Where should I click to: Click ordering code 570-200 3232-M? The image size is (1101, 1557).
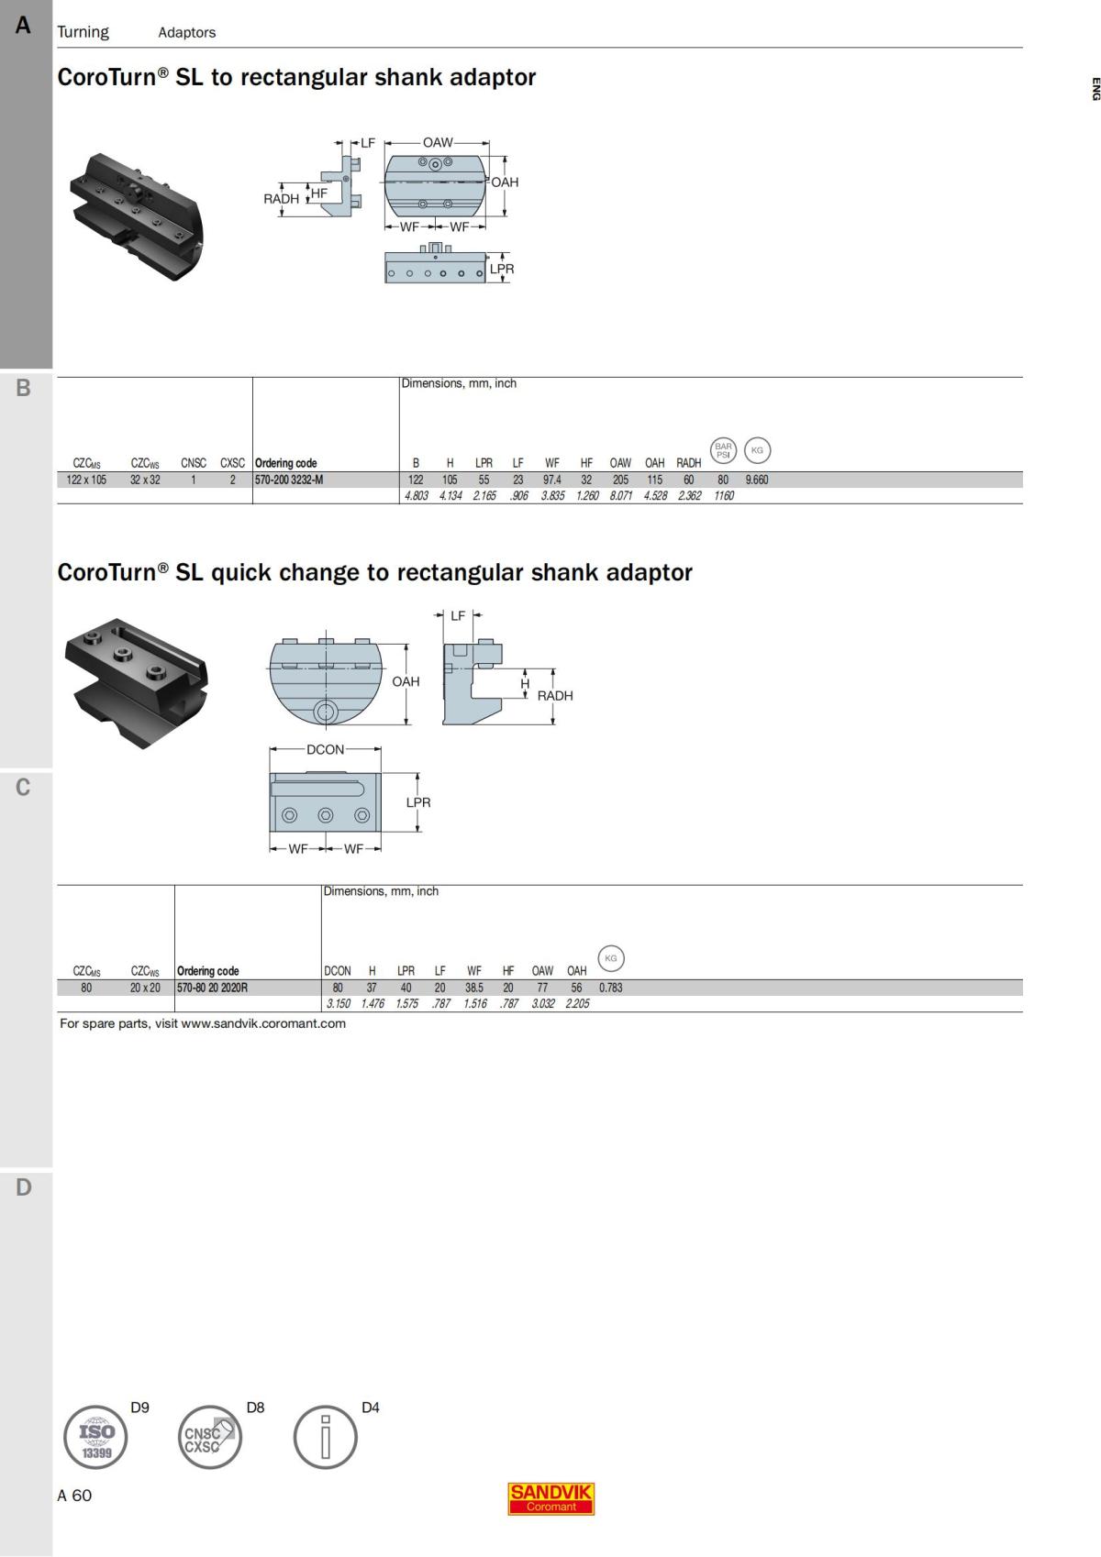(289, 480)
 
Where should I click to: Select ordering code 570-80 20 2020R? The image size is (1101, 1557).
(212, 988)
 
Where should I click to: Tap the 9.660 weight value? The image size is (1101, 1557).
(757, 480)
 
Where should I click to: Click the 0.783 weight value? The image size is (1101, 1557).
(611, 988)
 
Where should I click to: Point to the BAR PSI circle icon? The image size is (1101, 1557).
(724, 450)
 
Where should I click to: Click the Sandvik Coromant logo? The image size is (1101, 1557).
(551, 1499)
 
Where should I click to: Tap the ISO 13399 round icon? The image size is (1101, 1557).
(96, 1437)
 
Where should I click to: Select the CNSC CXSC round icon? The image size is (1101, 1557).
(209, 1437)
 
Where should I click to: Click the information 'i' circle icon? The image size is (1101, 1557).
(325, 1437)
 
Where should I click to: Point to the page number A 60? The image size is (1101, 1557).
(74, 1496)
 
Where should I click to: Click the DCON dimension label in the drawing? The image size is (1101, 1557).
(325, 749)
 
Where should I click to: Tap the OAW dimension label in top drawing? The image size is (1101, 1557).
(438, 143)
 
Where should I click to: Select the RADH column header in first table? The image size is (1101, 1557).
(688, 463)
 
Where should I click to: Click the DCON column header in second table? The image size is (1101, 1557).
(338, 971)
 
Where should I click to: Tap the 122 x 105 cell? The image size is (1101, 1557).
(87, 480)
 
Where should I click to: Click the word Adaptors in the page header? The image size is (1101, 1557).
(186, 32)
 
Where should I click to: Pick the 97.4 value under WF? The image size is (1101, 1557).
(552, 480)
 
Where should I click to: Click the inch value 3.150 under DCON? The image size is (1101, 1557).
(339, 1003)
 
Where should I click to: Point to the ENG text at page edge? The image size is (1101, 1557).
(1095, 89)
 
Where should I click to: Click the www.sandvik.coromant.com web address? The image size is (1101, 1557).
(263, 1023)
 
